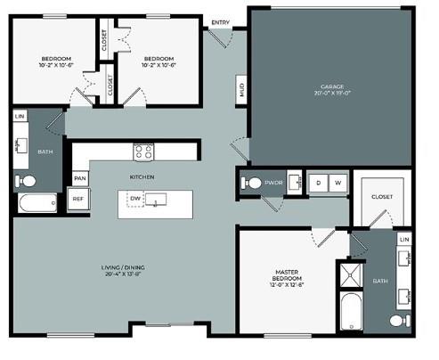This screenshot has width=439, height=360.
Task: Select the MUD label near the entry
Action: point(242,89)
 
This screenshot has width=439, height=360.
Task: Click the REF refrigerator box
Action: point(78,200)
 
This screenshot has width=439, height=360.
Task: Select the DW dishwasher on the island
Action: point(135,198)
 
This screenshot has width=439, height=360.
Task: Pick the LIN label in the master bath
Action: point(404,241)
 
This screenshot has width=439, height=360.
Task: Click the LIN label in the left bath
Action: point(20,117)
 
